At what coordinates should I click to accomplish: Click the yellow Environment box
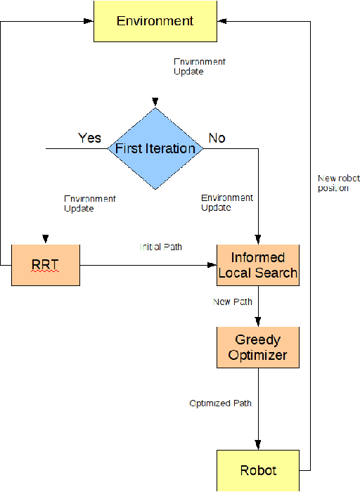click(154, 20)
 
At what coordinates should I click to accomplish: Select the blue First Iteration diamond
click(155, 148)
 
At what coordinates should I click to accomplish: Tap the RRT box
click(46, 265)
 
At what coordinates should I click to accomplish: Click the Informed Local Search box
click(257, 265)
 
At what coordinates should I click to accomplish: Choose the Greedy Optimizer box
click(257, 347)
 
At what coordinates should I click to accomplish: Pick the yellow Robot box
click(257, 470)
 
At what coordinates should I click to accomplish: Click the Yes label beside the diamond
click(89, 138)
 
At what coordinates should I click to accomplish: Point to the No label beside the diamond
click(217, 138)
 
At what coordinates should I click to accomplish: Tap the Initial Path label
click(161, 247)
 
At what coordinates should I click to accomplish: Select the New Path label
click(233, 302)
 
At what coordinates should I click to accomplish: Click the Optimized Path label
click(220, 403)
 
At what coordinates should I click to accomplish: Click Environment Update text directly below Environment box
click(200, 67)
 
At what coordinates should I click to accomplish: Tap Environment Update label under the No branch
click(227, 203)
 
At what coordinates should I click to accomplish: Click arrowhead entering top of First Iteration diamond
click(155, 104)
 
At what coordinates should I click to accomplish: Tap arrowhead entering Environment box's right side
click(218, 21)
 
